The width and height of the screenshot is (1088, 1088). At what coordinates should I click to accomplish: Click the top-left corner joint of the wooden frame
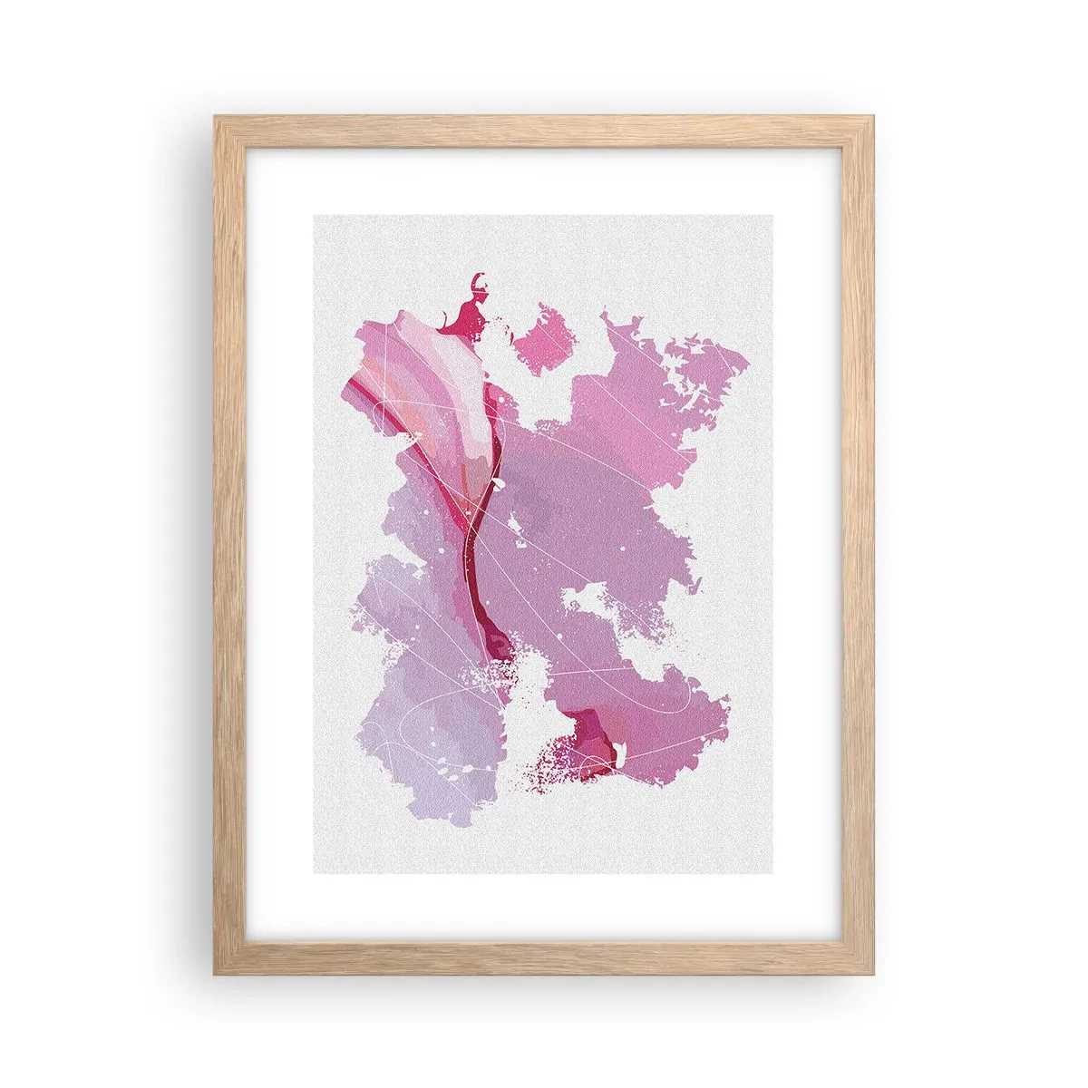[223, 124]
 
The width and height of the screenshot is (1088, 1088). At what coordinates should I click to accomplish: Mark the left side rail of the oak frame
[223, 544]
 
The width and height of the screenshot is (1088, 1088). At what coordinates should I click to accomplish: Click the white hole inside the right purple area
[588, 599]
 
